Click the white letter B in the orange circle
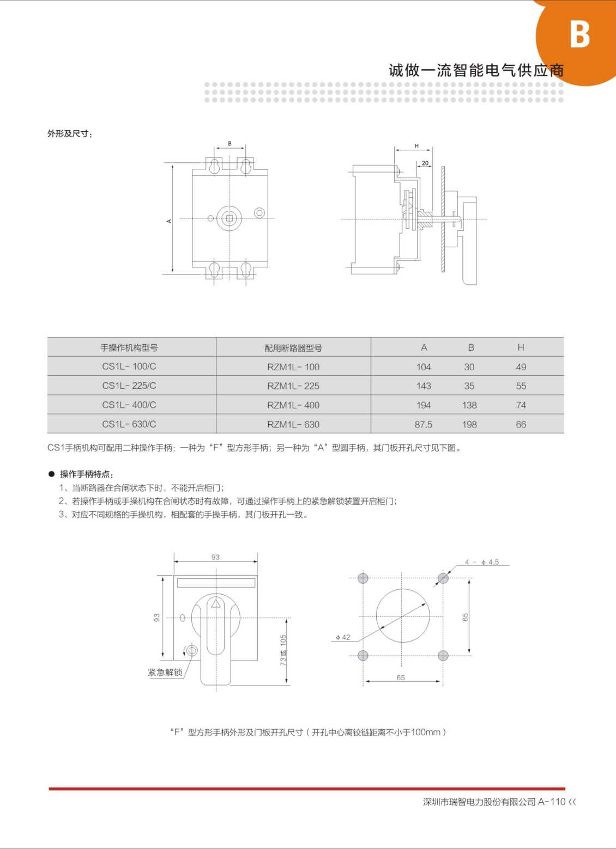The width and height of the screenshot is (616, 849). click(580, 34)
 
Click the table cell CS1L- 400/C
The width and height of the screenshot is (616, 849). click(129, 405)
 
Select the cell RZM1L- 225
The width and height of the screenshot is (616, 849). click(293, 386)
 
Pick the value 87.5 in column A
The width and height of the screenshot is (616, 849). click(424, 425)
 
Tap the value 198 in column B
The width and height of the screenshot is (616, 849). click(469, 425)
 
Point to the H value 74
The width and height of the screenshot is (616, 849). click(521, 405)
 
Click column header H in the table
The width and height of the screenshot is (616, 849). click(521, 347)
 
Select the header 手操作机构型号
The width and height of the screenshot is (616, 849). click(129, 347)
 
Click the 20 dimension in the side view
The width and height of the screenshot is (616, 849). click(425, 163)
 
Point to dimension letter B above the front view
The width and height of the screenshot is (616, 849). click(230, 144)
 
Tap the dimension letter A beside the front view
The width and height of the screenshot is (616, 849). click(169, 221)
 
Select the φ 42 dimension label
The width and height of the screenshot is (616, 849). click(343, 637)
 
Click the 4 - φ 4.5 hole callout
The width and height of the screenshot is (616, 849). click(482, 561)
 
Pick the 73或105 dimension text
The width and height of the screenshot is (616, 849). click(283, 650)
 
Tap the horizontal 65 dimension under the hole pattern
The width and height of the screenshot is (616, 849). click(401, 677)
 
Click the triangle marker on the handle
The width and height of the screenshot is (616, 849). click(216, 603)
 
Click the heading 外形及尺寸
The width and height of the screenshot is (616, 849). click(70, 134)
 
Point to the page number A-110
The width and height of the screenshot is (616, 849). click(552, 801)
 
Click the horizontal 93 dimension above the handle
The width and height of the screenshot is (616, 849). click(215, 557)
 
